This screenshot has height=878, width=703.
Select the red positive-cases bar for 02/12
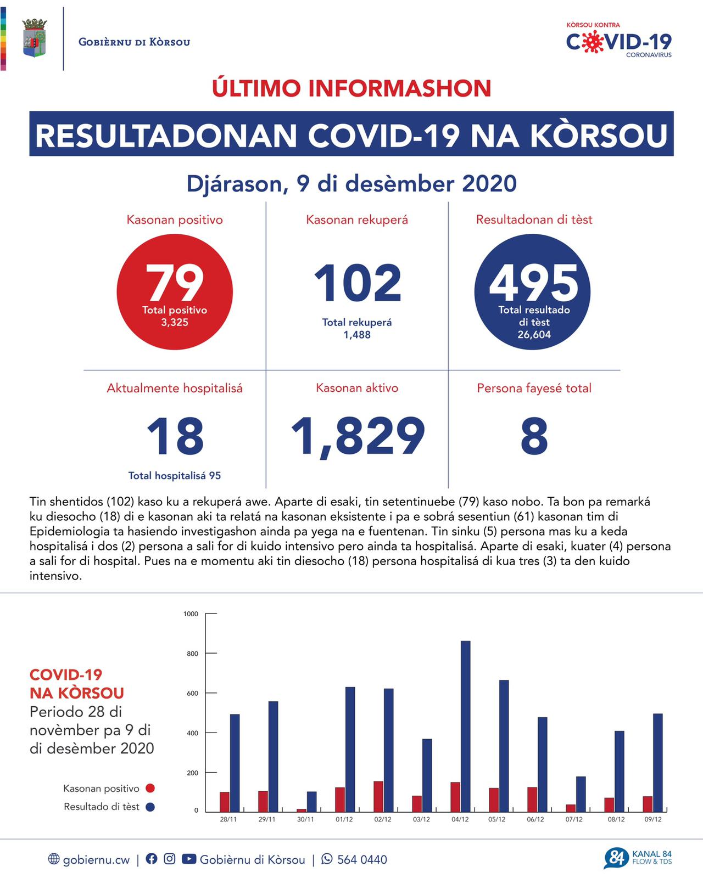click(378, 796)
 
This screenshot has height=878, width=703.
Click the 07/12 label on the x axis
click(574, 819)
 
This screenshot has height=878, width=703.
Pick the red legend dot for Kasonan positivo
click(150, 789)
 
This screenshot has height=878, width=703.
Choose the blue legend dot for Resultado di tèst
click(150, 807)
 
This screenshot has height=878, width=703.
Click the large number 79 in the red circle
click(175, 283)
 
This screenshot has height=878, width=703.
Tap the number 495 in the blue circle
click(534, 283)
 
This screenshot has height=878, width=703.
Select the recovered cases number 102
click(358, 283)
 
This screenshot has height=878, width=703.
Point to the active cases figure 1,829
click(358, 436)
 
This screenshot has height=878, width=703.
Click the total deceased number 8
click(534, 436)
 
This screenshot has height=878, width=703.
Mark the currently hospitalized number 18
click(175, 436)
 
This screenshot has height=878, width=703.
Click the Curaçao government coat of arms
click(34, 38)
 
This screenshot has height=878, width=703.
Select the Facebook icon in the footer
click(152, 859)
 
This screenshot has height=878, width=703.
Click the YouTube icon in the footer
click(188, 859)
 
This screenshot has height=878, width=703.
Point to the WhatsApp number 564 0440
click(361, 859)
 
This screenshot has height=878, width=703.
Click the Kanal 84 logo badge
click(616, 858)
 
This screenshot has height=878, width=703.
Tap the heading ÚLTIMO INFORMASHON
click(351, 88)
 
